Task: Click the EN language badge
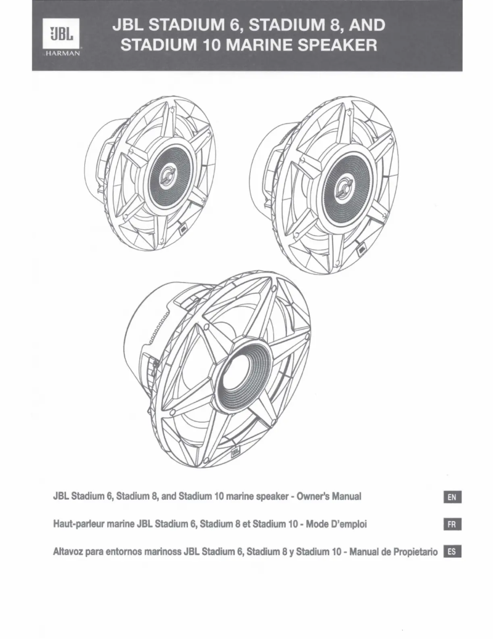tap(453, 497)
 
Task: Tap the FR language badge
tap(453, 524)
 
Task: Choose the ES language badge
tap(453, 551)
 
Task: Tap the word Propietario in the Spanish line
tap(412, 551)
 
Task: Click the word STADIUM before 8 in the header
tap(301, 26)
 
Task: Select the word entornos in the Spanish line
tap(120, 551)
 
